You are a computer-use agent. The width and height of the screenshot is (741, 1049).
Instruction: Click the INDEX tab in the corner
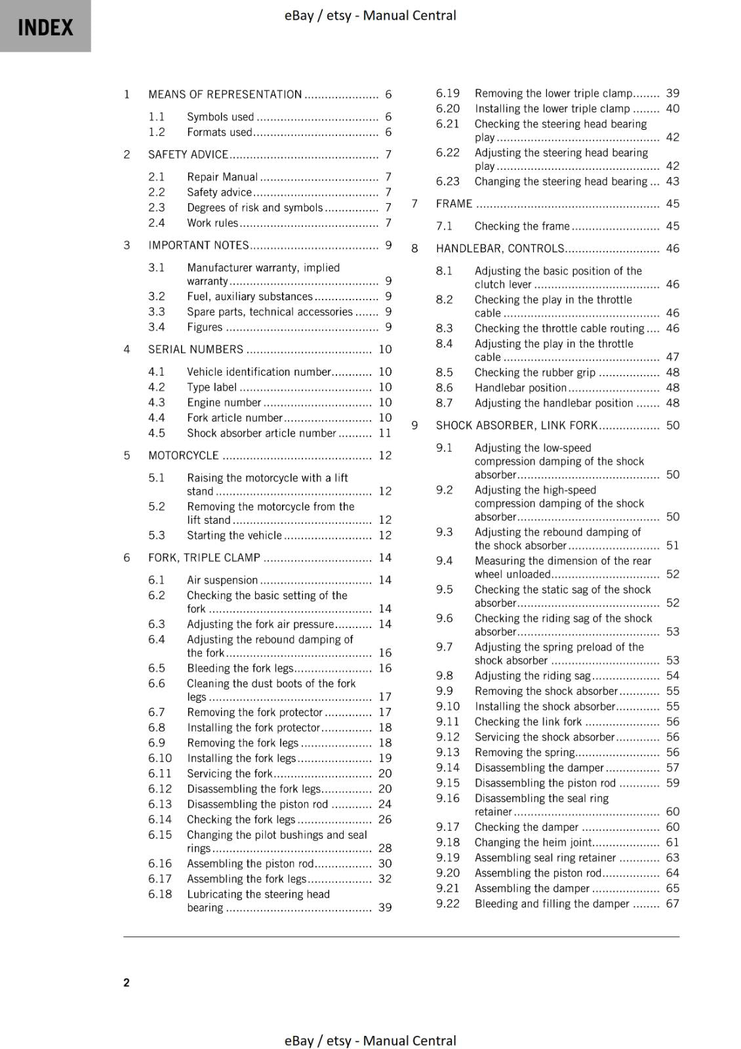[x=45, y=26]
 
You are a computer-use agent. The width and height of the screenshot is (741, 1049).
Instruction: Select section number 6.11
[x=159, y=774]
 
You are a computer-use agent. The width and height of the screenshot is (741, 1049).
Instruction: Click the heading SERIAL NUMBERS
[x=195, y=349]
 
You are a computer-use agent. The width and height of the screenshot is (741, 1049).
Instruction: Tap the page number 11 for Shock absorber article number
[x=385, y=433]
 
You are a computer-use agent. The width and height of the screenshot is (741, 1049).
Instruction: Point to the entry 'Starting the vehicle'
[x=234, y=536]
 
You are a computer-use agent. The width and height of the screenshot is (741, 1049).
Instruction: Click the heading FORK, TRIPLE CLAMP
[x=204, y=558]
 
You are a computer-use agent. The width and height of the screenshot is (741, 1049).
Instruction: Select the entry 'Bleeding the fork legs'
[x=240, y=669]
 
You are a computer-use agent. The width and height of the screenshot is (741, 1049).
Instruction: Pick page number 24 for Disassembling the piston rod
[x=385, y=804]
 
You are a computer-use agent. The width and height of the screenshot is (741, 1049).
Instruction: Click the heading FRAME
[x=454, y=204]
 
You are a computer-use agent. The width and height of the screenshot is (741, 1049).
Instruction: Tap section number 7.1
[x=444, y=226]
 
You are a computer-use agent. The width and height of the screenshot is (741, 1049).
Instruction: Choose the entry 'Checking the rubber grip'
[x=535, y=372]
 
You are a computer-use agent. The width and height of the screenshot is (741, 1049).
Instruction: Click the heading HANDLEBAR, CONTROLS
[x=500, y=248]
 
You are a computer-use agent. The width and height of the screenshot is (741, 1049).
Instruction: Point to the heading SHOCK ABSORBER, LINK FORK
[x=517, y=426]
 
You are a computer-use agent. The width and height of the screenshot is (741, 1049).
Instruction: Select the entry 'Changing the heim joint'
[x=533, y=842]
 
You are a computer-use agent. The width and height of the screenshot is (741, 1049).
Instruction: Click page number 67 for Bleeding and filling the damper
[x=672, y=904]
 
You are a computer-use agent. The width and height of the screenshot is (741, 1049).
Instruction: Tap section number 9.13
[x=448, y=753]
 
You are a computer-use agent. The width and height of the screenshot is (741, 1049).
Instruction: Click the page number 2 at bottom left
[x=127, y=982]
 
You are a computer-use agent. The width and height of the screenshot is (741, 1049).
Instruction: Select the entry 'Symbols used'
[x=220, y=117]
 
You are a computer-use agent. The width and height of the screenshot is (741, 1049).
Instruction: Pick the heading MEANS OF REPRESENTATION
[x=225, y=94]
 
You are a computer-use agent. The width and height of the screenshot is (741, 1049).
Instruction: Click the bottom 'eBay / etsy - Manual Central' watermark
[x=370, y=1040]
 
